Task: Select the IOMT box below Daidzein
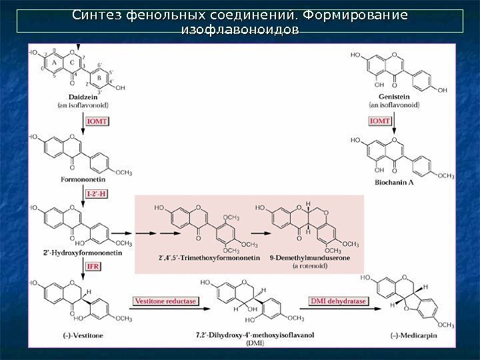pos(95,121)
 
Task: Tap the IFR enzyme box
pos(94,267)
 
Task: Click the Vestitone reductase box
pos(166,301)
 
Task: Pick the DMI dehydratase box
pos(338,301)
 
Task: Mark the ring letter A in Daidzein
pos(55,62)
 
